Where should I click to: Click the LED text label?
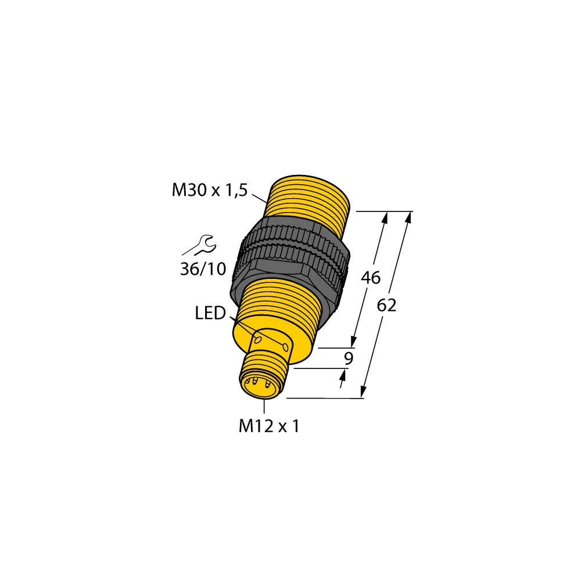pos(210,314)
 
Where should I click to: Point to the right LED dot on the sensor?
pos(285,347)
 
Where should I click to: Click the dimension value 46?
pos(370,278)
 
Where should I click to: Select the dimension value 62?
pos(386,305)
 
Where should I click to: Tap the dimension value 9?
pos(348,358)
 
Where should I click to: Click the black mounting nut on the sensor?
pos(293,259)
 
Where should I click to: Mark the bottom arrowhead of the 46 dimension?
pos(353,343)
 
